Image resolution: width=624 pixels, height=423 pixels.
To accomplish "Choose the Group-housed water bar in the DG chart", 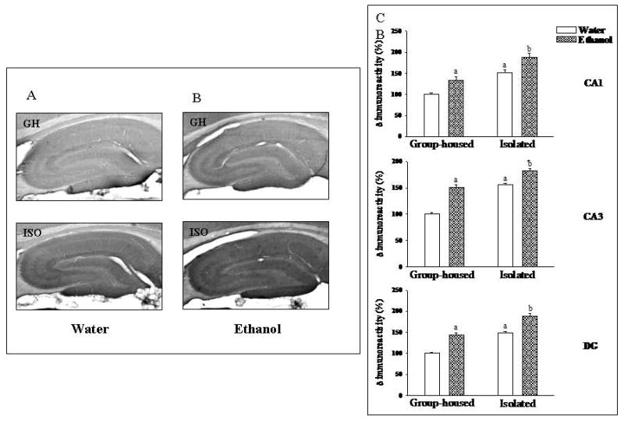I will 431,374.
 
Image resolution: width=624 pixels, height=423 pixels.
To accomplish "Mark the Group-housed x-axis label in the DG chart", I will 443,404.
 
